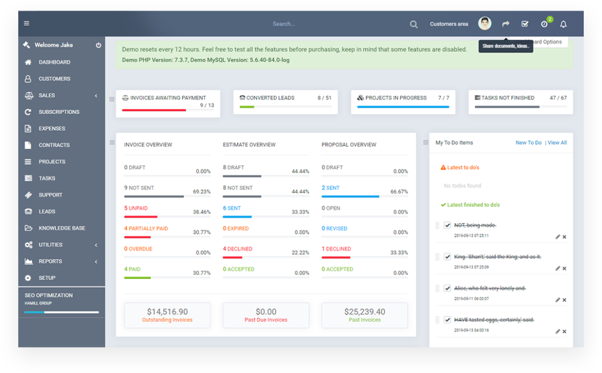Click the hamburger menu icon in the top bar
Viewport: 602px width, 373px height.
coord(26,24)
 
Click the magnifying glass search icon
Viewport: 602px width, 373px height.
coord(414,24)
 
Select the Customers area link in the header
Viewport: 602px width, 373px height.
coord(449,24)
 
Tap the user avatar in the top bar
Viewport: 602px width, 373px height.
coord(484,24)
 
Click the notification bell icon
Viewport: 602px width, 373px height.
coord(563,24)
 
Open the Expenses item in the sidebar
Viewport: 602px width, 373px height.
coord(52,128)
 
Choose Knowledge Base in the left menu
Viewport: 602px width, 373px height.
coord(62,228)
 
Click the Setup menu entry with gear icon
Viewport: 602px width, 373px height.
coord(47,278)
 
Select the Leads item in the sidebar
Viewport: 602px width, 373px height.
coord(47,211)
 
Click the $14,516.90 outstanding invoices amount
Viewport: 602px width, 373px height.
coord(167,312)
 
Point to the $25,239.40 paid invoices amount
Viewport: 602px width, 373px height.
coord(364,312)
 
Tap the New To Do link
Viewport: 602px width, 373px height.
coord(529,143)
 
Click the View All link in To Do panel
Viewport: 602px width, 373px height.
coord(557,143)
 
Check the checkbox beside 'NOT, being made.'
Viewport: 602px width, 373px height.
coord(447,225)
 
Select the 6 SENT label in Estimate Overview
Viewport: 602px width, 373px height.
coord(232,208)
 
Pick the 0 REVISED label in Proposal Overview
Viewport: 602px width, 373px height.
coord(335,228)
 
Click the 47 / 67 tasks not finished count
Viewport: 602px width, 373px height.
coord(558,98)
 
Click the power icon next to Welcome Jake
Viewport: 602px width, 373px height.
coord(98,45)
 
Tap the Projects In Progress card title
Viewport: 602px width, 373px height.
coord(396,98)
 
